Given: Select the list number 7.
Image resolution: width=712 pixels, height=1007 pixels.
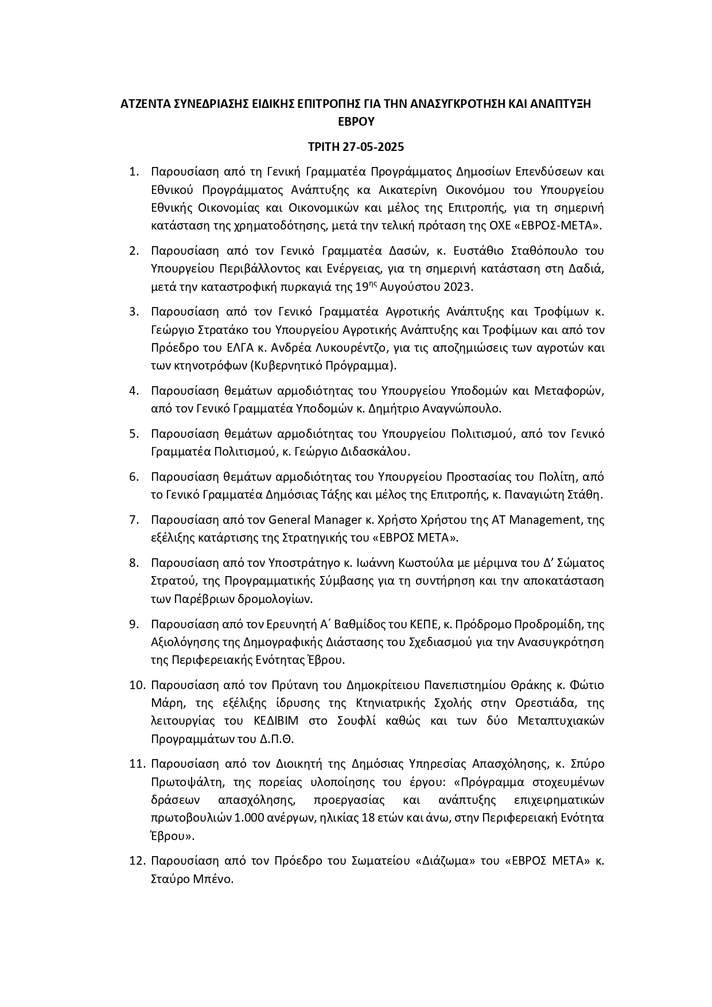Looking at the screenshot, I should coord(134,520).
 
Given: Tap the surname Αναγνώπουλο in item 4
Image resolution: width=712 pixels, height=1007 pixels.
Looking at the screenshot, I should coord(461,409).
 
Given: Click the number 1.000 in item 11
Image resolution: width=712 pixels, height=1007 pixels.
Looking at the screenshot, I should coord(250,818).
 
